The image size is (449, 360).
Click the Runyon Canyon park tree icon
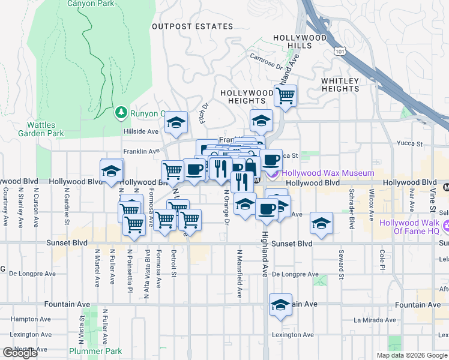coord(121,112)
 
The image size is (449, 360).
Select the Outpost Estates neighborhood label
coord(192,26)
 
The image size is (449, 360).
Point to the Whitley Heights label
coord(340,85)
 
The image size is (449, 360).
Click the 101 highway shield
coord(340,52)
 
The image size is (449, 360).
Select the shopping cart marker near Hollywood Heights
coord(286,95)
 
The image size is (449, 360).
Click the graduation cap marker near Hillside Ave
coord(176,122)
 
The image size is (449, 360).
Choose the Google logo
coord(20,353)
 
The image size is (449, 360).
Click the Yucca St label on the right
coord(411,144)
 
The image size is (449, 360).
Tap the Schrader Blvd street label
coord(351,211)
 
